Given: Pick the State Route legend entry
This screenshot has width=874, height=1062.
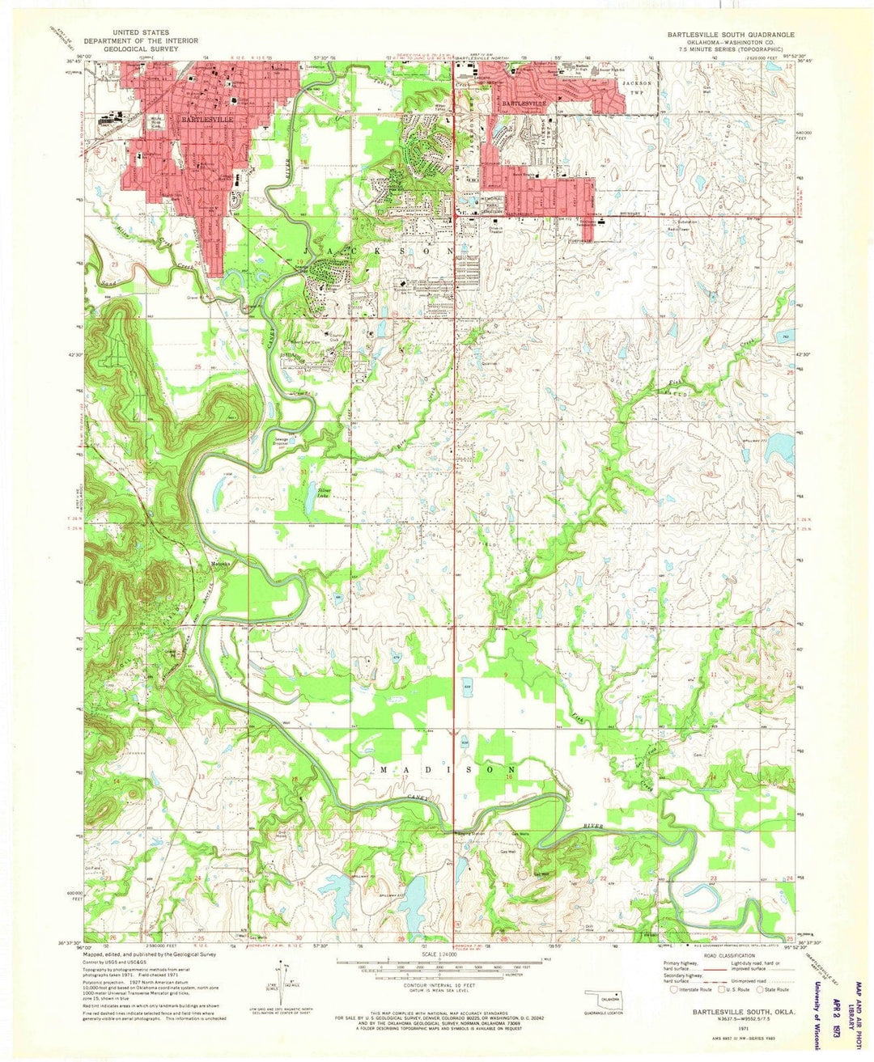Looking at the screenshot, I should coord(774,989).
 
